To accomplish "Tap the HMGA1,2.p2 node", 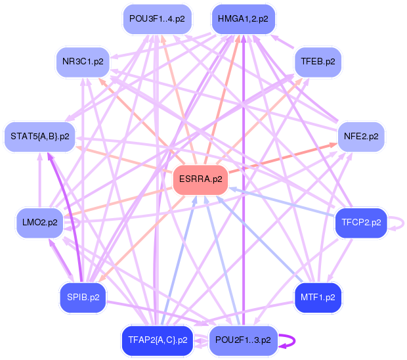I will (x=243, y=19).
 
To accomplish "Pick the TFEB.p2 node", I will (x=318, y=61).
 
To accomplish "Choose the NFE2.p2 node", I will (x=361, y=137).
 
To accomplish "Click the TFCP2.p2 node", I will (x=361, y=223).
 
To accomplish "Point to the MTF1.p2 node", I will (x=318, y=297).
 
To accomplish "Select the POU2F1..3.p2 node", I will (x=243, y=340).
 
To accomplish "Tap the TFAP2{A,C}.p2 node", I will (x=156, y=340).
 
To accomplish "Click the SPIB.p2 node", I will (x=83, y=297).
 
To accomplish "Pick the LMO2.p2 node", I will (x=39, y=223).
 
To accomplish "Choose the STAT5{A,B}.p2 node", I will (x=39, y=137).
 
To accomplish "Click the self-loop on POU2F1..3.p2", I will (x=289, y=340).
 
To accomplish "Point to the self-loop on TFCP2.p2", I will (x=398, y=223).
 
